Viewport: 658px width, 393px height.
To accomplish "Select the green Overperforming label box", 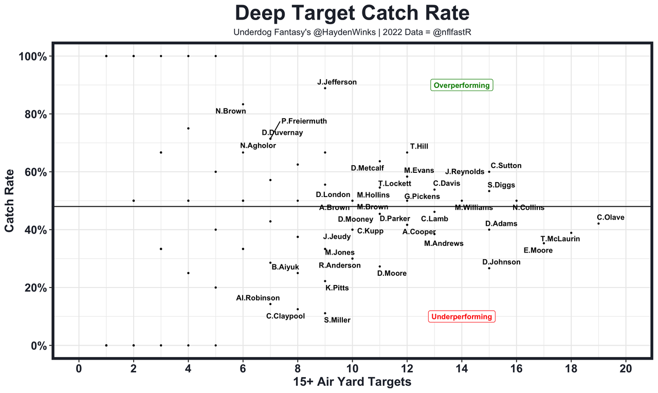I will point(462,85).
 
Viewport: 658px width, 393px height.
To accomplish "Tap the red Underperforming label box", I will point(462,317).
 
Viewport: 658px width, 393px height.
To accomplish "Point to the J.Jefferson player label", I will point(337,82).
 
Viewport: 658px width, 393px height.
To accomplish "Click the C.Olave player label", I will point(610,218).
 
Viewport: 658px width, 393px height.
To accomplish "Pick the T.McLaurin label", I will point(560,239).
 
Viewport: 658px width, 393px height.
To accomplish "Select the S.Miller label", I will point(337,320).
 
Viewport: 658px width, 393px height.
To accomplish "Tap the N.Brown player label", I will point(230,111).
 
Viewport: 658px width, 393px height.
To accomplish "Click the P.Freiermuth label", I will point(304,121).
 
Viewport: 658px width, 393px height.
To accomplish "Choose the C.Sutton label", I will point(506,166).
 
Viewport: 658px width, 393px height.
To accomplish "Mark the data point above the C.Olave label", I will point(598,223).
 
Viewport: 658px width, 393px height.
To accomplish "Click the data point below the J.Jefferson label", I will point(325,88).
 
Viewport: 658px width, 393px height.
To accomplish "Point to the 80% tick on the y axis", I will point(36,114).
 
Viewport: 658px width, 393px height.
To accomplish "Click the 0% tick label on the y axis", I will point(39,346).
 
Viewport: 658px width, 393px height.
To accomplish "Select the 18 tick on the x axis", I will point(571,368).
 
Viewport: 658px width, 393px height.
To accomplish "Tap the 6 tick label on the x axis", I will point(243,368).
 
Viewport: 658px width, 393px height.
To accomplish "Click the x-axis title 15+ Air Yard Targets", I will point(352,382).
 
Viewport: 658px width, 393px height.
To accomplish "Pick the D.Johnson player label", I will point(501,262).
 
